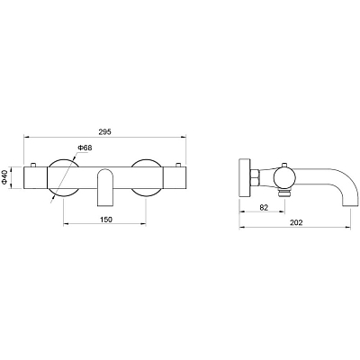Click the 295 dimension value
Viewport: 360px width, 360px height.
(105, 131)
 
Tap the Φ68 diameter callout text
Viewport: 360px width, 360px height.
(85, 148)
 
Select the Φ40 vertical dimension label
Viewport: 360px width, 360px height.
(4, 177)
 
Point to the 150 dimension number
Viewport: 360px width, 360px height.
(105, 220)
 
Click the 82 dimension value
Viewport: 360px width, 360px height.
(264, 207)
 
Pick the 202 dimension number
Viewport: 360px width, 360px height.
(296, 222)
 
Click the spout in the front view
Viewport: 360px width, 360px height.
(105, 187)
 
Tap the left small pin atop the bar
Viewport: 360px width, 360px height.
(33, 164)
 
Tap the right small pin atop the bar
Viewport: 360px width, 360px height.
(178, 164)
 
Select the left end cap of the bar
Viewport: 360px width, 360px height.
(35, 177)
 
